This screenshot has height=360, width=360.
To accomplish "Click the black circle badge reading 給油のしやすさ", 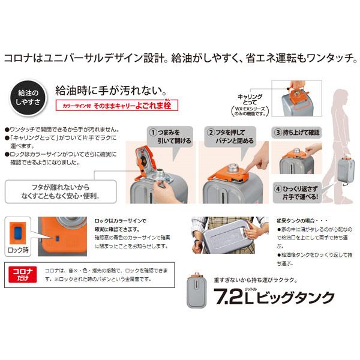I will (x=26, y=98).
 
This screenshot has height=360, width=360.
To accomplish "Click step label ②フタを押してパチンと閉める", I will (x=230, y=136).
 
